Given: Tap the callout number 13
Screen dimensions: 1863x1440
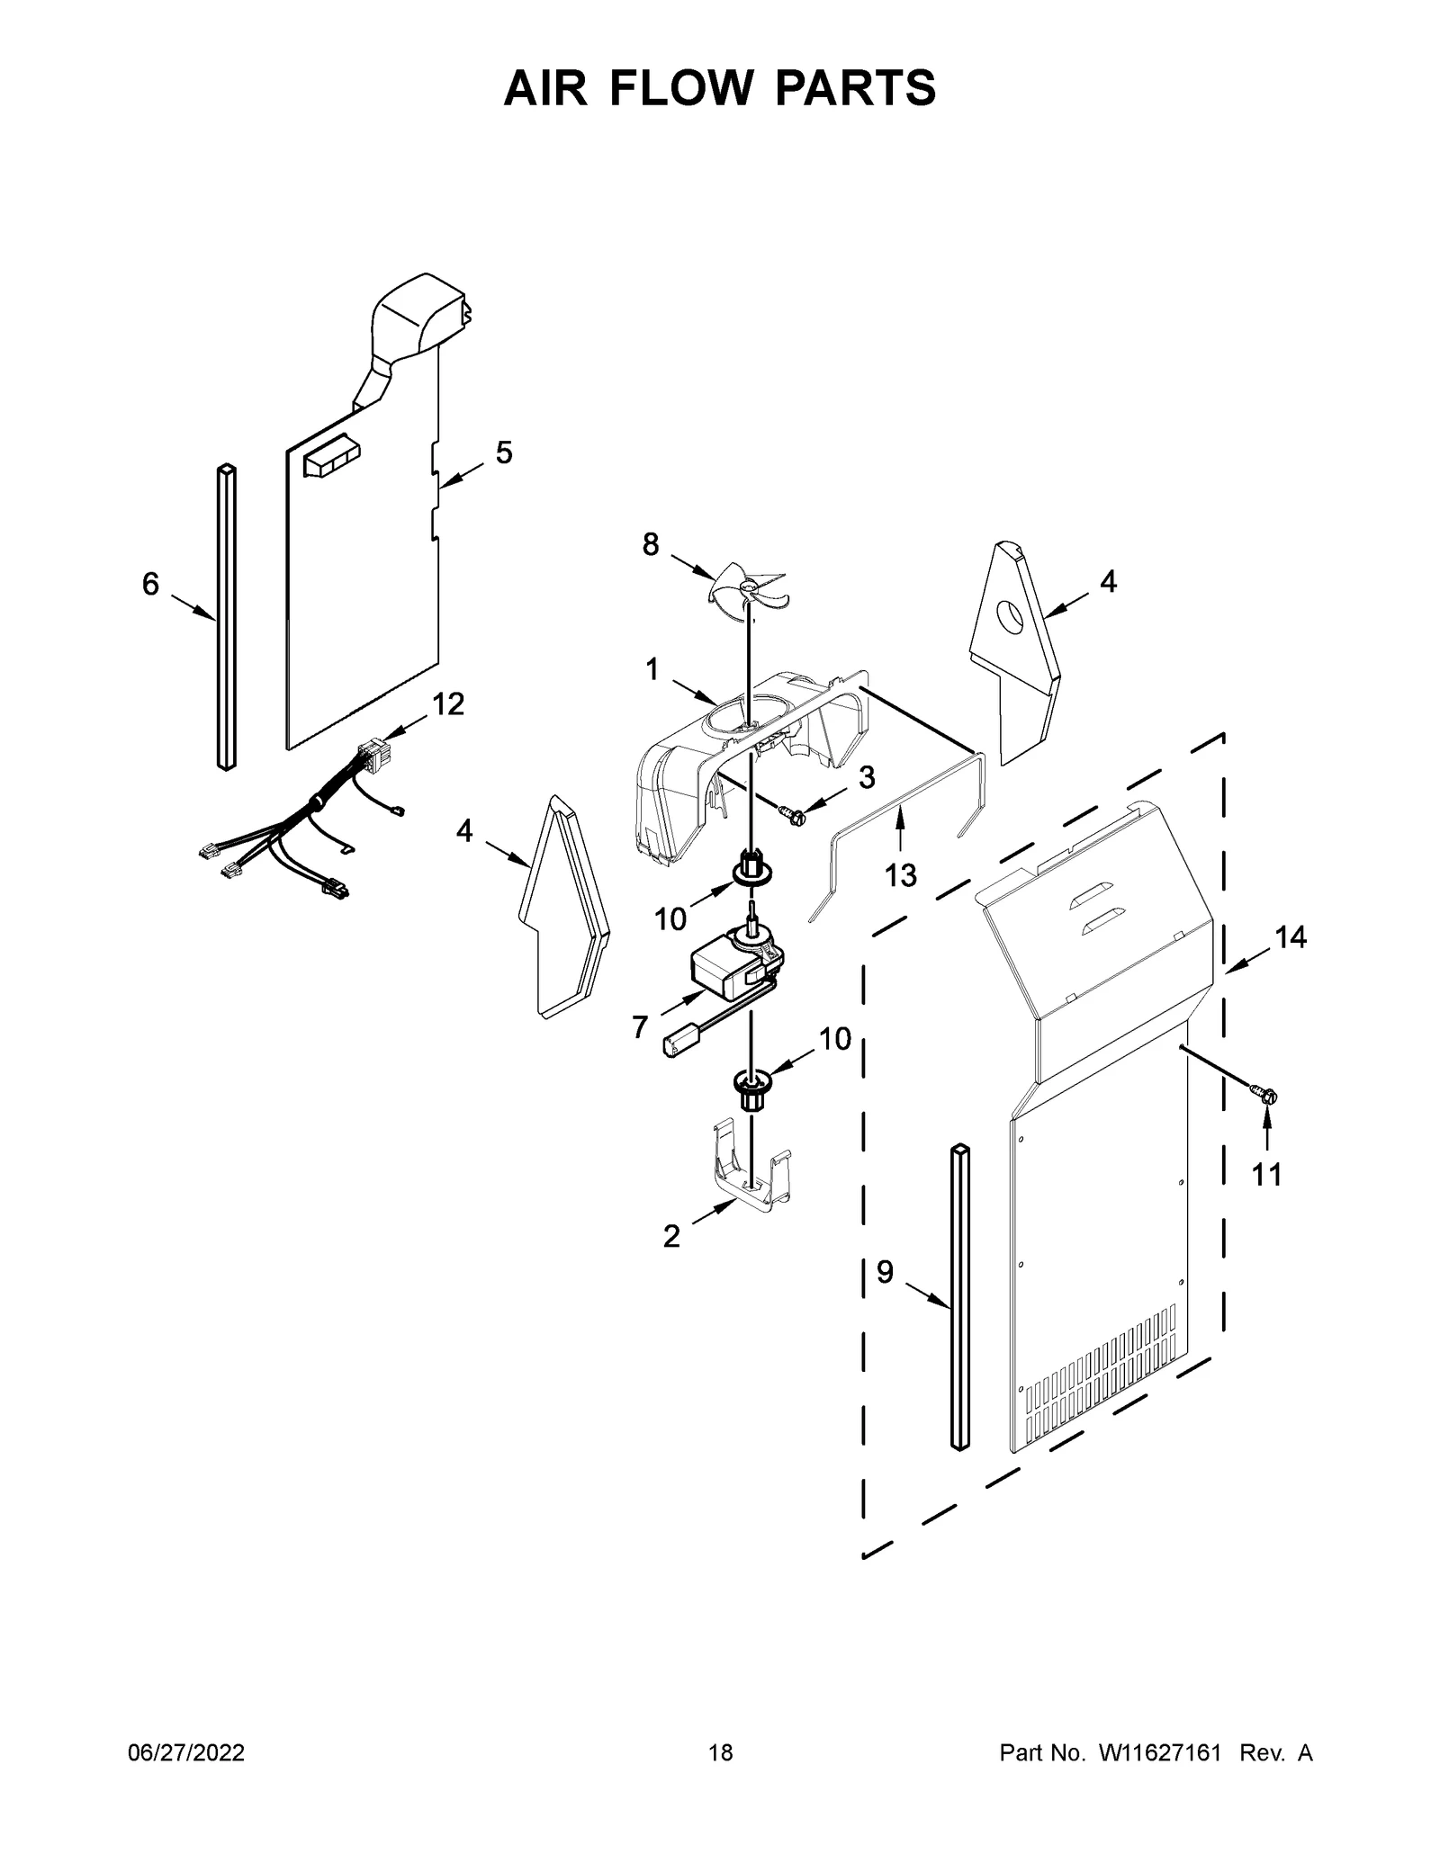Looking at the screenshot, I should (900, 874).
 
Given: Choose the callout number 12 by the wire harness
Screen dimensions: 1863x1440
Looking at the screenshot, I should (447, 704).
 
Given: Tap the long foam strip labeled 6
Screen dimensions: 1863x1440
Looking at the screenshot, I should (226, 617).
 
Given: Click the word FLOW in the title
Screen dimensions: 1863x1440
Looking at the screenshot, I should (718, 88).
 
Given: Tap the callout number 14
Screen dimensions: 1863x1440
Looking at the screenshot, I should (1290, 937).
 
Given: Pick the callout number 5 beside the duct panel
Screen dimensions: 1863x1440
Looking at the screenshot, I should (503, 452).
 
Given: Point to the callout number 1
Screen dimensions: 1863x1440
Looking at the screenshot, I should (651, 669).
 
